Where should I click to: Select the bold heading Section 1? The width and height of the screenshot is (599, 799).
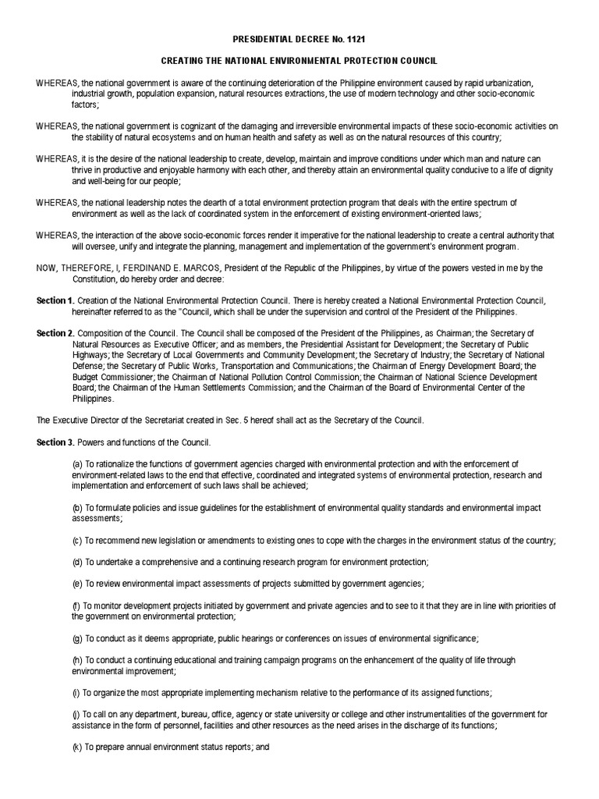click(x=55, y=301)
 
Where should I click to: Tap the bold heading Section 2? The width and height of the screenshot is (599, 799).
click(x=55, y=334)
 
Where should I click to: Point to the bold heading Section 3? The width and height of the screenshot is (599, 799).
click(x=55, y=442)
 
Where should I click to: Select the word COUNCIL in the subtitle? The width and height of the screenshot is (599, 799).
click(x=417, y=61)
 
